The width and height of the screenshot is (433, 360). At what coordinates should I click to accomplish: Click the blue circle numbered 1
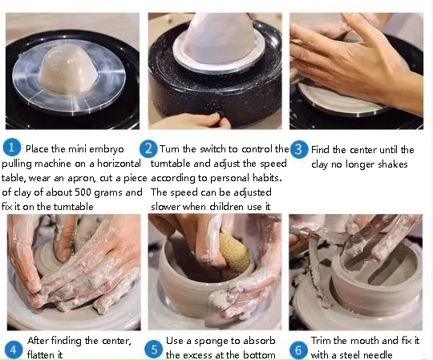click(x=11, y=148)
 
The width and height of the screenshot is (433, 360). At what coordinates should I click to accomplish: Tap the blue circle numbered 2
click(x=148, y=149)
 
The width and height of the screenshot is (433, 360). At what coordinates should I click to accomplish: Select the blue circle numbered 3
click(x=299, y=149)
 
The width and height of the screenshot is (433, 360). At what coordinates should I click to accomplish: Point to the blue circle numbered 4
click(x=14, y=350)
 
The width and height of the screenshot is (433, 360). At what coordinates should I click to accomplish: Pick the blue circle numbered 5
click(x=154, y=350)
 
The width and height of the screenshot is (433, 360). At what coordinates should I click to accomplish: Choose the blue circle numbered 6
click(x=298, y=350)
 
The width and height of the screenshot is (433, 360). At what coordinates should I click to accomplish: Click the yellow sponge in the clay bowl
click(x=233, y=253)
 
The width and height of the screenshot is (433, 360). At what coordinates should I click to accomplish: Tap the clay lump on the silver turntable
click(x=69, y=69)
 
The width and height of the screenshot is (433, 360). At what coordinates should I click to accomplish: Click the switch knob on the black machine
click(x=220, y=115)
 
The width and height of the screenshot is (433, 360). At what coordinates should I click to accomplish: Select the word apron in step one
click(x=81, y=178)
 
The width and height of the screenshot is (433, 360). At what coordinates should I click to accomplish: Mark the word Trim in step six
click(x=321, y=341)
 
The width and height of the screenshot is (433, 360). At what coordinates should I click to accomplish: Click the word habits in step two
click(x=267, y=178)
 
